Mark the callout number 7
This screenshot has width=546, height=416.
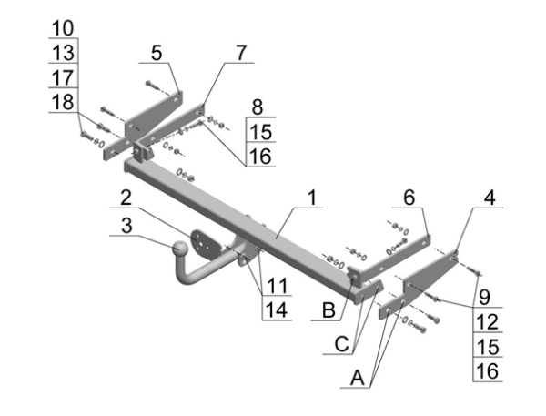(240, 53)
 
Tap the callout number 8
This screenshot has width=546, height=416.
(258, 106)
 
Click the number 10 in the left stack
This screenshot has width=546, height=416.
(65, 27)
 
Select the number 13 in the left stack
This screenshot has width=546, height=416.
(65, 52)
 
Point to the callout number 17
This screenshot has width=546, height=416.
(65, 76)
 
